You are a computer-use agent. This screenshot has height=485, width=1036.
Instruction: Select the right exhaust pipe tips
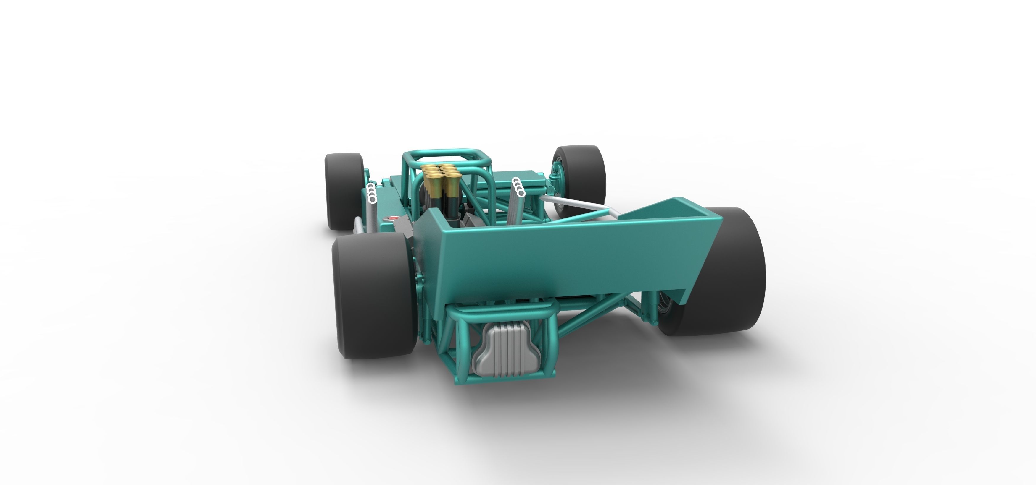pos(519,187)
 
